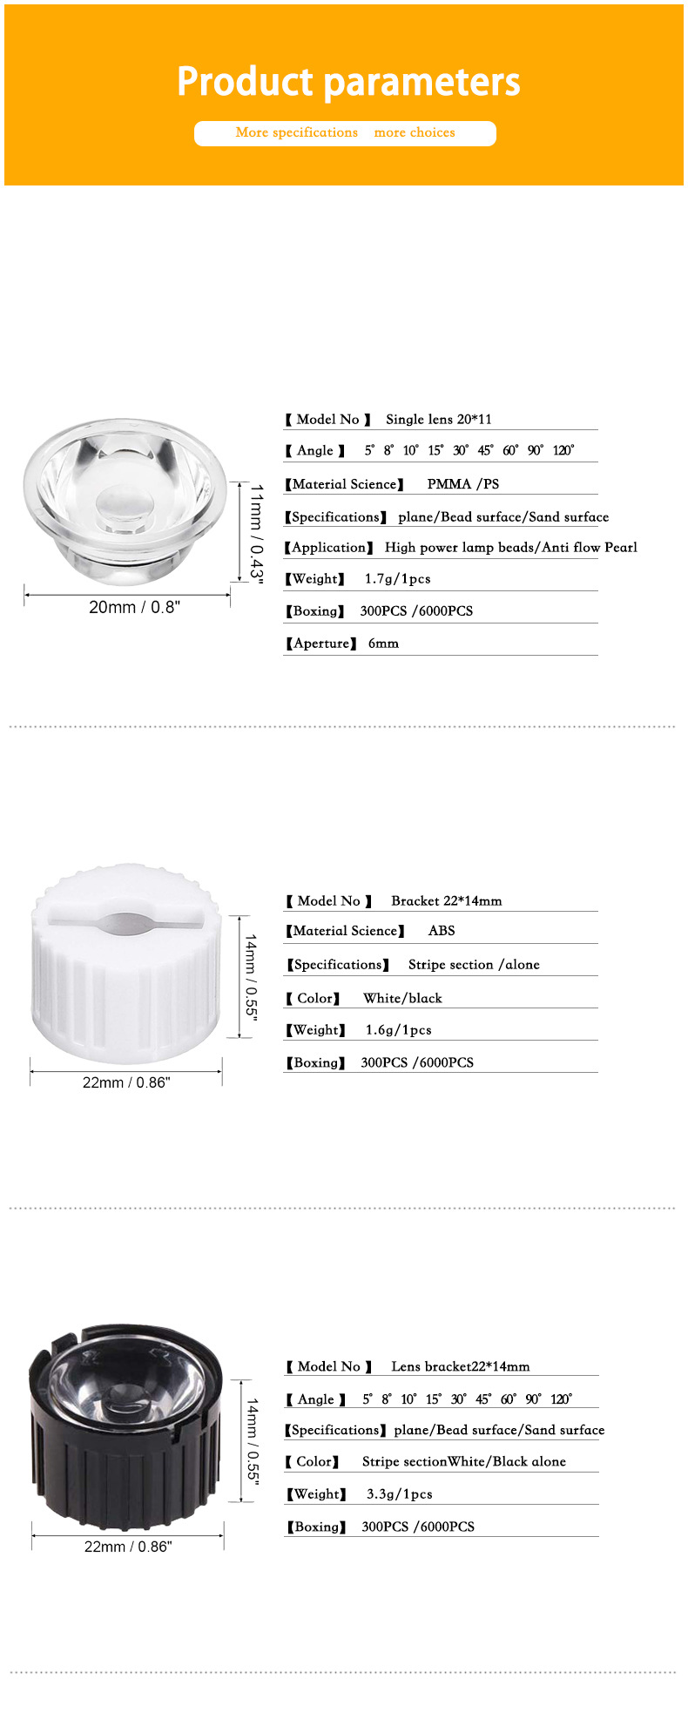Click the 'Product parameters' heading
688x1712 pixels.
[x=348, y=82]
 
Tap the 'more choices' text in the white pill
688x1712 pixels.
[x=415, y=133]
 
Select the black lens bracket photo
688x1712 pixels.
[x=128, y=1429]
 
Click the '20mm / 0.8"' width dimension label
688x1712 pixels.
[x=134, y=608]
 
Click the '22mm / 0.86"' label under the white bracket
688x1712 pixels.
[x=126, y=1082]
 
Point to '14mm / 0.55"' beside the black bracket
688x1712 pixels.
[x=252, y=1450]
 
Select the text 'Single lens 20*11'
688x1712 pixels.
[x=439, y=420]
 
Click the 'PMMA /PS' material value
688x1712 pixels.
[x=462, y=484]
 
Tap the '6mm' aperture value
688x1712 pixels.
[x=383, y=644]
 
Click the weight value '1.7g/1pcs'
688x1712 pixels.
[x=397, y=579]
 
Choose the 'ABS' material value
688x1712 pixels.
[x=442, y=931]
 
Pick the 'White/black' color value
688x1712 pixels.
[x=402, y=999]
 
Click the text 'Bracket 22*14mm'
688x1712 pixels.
[x=446, y=901]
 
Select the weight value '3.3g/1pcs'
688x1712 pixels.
[x=399, y=1494]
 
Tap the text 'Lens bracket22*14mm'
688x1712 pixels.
[x=460, y=1367]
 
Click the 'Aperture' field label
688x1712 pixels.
[x=320, y=644]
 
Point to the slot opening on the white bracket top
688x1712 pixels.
[x=126, y=923]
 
